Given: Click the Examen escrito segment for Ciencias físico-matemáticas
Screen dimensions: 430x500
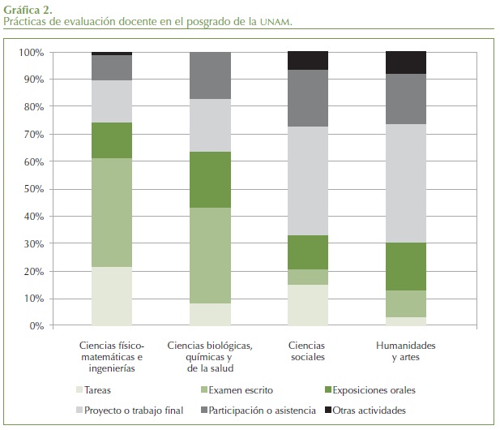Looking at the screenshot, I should (112, 212).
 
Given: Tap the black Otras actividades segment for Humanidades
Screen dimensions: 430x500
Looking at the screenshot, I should (406, 62).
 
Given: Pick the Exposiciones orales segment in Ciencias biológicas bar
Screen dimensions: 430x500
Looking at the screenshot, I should (210, 179).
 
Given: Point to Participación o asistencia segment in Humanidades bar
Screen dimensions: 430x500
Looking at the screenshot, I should (406, 99).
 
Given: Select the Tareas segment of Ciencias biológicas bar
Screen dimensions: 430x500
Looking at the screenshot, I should (210, 314).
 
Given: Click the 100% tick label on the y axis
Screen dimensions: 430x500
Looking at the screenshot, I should (30, 53).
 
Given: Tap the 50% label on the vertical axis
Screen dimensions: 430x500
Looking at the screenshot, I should (32, 189).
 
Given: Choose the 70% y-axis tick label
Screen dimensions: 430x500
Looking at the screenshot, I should (32, 135).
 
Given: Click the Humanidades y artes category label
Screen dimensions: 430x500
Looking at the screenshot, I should (406, 351).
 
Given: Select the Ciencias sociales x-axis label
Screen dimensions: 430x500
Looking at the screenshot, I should (308, 351).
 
